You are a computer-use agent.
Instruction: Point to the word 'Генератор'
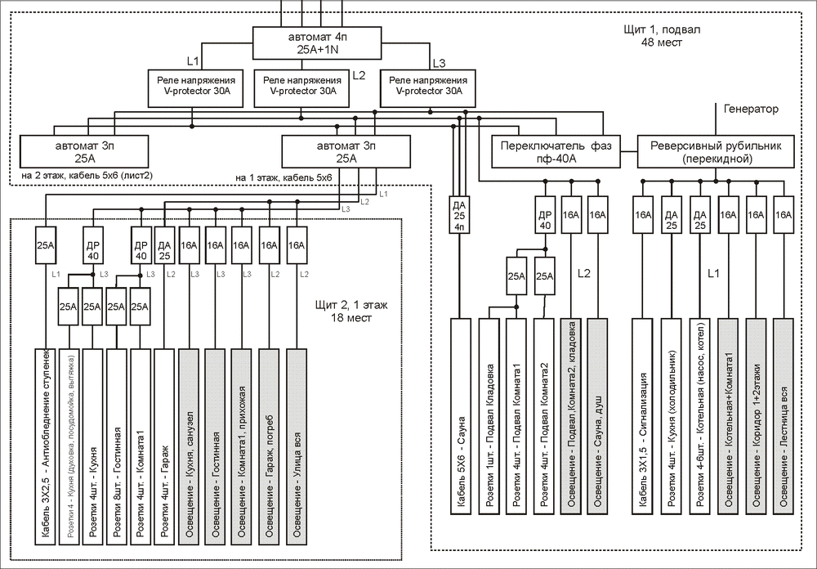pos(751,109)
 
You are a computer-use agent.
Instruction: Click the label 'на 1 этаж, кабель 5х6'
pos(283,177)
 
